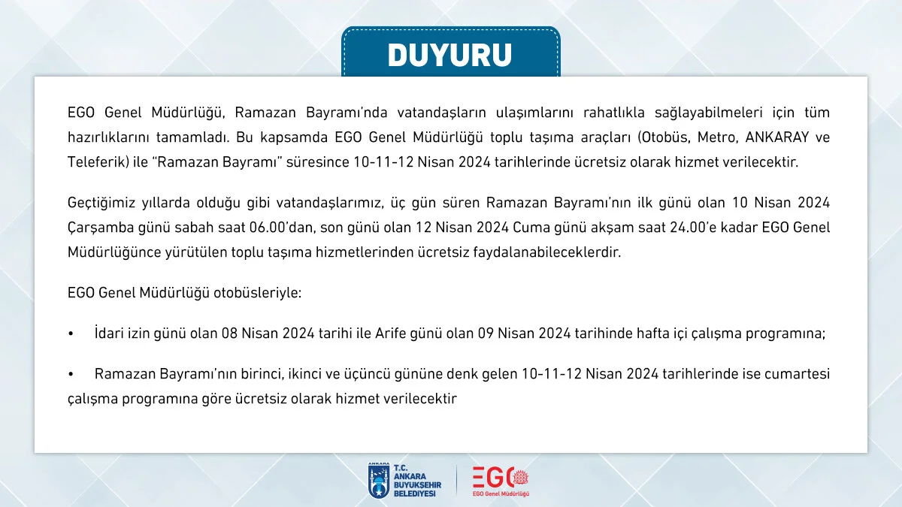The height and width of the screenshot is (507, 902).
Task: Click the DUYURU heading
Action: [x=449, y=55]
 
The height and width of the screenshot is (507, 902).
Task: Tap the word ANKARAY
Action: [x=777, y=137]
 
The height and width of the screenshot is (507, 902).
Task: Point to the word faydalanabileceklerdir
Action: [x=547, y=252]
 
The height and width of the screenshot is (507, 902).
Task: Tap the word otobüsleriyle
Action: [x=257, y=293]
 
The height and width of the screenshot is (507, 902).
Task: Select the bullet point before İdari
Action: [x=71, y=334]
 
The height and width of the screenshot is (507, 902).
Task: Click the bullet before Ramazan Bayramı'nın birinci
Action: [x=71, y=375]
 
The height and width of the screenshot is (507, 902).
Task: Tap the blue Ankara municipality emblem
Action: [x=379, y=481]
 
